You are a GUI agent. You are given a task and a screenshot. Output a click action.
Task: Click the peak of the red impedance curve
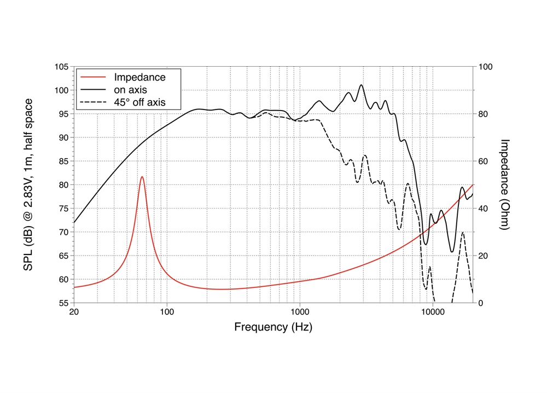click(142, 177)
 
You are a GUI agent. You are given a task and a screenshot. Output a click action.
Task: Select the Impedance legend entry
click(139, 77)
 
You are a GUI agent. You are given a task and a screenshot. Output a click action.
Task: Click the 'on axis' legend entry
click(130, 89)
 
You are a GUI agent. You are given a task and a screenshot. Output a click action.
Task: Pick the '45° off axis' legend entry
click(139, 102)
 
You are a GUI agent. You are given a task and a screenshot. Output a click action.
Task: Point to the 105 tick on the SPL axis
click(62, 67)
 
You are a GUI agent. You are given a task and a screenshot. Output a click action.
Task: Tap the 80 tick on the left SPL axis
click(64, 185)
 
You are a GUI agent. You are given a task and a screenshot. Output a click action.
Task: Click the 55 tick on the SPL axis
click(64, 303)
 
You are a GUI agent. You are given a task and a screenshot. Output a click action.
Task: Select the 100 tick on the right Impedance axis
click(485, 67)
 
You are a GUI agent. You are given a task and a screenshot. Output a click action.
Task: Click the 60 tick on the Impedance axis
click(483, 161)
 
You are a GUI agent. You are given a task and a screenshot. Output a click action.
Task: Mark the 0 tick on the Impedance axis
click(481, 303)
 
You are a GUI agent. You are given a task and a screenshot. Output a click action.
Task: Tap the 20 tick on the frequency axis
click(74, 313)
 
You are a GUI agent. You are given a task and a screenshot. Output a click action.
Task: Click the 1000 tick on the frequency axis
click(299, 313)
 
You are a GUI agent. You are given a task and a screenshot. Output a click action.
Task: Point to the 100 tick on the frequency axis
click(167, 313)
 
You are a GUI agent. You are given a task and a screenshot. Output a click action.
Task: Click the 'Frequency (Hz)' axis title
click(273, 327)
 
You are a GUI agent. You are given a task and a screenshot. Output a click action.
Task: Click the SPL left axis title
click(27, 184)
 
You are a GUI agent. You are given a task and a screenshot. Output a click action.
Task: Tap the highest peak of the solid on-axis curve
click(361, 85)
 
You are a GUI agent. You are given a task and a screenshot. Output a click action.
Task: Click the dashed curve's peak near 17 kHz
click(463, 233)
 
